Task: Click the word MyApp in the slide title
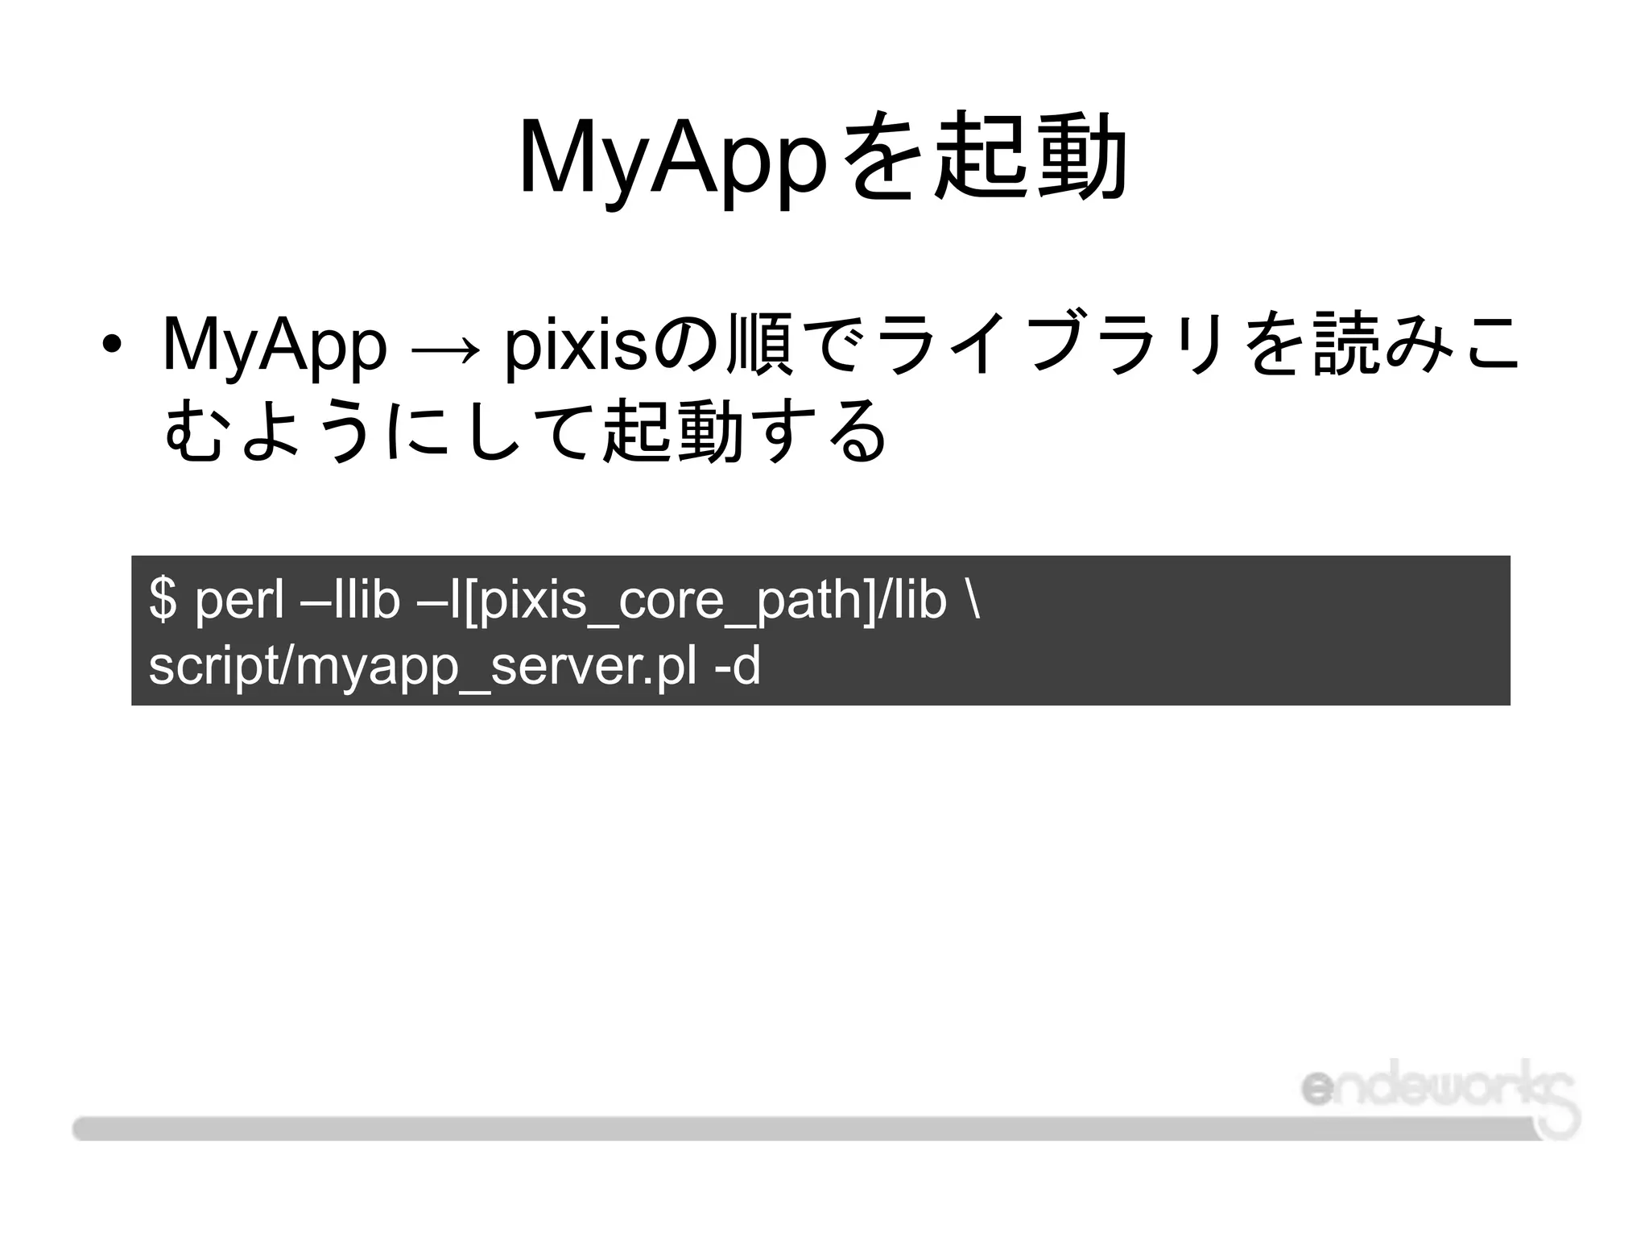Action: pos(673,157)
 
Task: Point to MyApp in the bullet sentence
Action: pos(275,346)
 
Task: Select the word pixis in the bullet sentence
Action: pos(575,346)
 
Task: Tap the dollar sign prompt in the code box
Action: pos(163,599)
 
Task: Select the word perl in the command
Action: pos(240,599)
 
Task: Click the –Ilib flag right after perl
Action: pos(355,599)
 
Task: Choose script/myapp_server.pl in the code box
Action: pos(423,667)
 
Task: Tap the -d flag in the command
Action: pos(738,667)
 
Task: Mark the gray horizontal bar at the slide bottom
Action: pos(805,1128)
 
